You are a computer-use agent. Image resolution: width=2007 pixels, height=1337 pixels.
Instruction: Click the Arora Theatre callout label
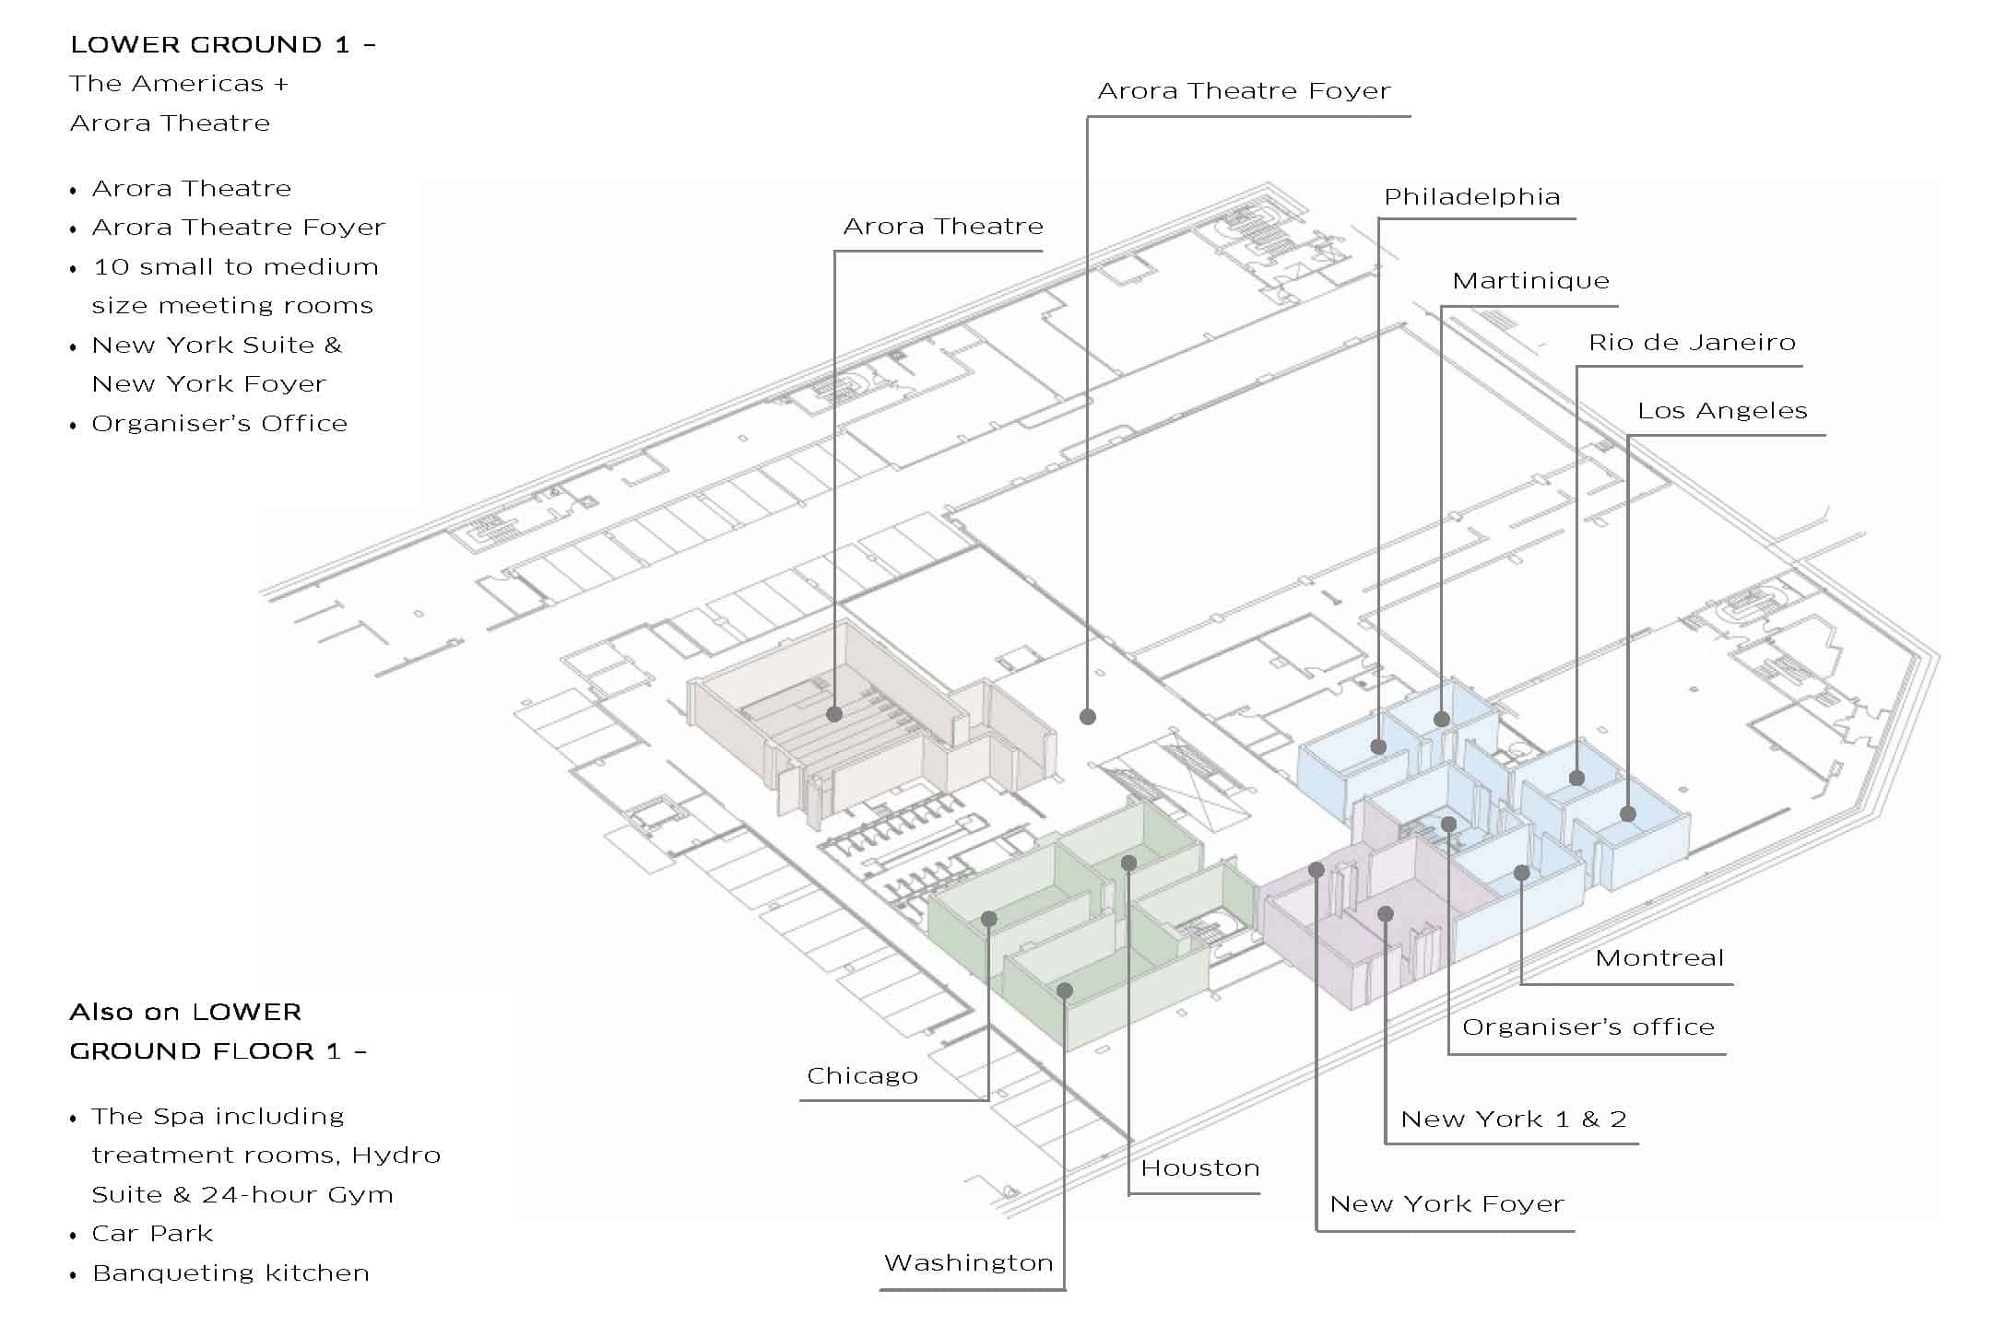tap(942, 227)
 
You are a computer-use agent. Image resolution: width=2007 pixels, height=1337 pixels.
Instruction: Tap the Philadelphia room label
tap(1471, 197)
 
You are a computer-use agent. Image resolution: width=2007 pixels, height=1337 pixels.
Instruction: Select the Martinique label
tap(1530, 281)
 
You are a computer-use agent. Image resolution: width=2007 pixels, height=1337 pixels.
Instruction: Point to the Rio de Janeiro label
tap(1692, 343)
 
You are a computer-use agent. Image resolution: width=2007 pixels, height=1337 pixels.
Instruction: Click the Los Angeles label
tap(1722, 411)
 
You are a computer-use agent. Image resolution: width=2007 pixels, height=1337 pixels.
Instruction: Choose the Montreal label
tap(1659, 958)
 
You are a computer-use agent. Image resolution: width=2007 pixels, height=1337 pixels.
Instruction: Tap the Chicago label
tap(862, 1076)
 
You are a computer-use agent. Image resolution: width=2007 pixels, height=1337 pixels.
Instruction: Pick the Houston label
tap(1199, 1168)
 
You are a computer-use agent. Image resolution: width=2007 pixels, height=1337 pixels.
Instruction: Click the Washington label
tap(968, 1263)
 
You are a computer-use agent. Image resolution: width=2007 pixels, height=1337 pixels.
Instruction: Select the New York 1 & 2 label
tap(1513, 1120)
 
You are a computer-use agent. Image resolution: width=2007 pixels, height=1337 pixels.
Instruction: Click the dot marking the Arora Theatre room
tap(834, 714)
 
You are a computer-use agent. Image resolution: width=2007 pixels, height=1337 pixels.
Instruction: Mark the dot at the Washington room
tap(1065, 991)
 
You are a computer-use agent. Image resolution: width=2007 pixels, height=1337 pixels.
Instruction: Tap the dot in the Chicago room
tap(989, 919)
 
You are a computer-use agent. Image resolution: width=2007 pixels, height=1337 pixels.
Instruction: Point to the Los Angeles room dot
tap(1628, 815)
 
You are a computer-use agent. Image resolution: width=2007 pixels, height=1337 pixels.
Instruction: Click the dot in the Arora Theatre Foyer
tap(1088, 716)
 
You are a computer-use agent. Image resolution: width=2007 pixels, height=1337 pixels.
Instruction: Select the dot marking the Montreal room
tap(1521, 873)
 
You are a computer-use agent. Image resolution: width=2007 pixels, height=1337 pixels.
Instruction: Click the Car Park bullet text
tap(152, 1234)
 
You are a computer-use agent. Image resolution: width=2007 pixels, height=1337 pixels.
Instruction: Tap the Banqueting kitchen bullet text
tap(230, 1273)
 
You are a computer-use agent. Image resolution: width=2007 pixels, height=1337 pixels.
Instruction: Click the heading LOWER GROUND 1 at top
tap(222, 45)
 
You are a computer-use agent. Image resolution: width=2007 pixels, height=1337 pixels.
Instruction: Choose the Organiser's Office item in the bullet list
tap(219, 424)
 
